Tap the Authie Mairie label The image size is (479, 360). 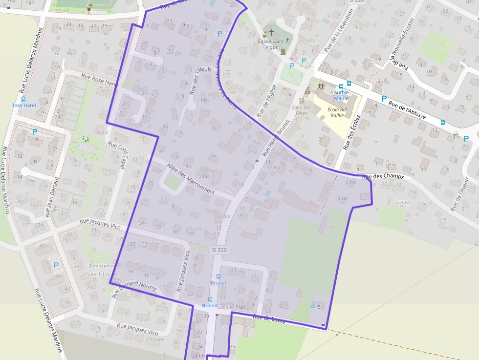[341, 95]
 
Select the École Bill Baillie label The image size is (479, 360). [337, 112]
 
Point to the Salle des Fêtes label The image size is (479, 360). [302, 110]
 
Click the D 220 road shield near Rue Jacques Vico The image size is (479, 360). [219, 250]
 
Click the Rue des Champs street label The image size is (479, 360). [384, 176]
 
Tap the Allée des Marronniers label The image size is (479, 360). [190, 179]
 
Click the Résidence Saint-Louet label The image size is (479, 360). [101, 270]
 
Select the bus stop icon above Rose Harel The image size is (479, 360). [23, 99]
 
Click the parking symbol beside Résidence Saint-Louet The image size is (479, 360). [56, 265]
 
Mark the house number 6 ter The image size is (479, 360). [343, 198]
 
